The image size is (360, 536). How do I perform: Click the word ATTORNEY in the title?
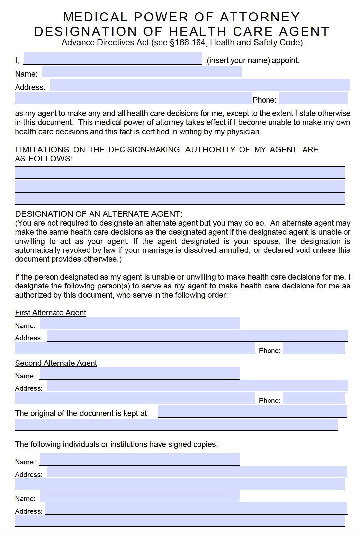point(260,17)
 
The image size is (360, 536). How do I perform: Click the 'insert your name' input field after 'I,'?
point(113,58)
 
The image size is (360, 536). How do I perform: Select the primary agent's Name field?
point(142,72)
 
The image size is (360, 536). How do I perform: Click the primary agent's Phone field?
point(313,98)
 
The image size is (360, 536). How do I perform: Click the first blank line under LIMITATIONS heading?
point(180,172)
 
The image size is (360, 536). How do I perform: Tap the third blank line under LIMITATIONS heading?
point(180,199)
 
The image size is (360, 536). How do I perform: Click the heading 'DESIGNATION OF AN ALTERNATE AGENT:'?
point(99,214)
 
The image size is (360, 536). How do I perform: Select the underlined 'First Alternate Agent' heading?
point(51,313)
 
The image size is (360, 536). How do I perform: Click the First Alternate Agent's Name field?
point(140,323)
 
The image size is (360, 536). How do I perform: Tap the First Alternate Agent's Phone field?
point(314,348)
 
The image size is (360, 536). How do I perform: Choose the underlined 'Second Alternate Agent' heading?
point(56,363)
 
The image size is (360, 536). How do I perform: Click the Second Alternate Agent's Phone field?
point(314,398)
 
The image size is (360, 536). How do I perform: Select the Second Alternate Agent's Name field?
point(140,373)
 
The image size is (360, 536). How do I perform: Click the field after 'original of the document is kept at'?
point(252,411)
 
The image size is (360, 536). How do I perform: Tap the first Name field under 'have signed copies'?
point(140,459)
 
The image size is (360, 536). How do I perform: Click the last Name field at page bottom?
point(140,496)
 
